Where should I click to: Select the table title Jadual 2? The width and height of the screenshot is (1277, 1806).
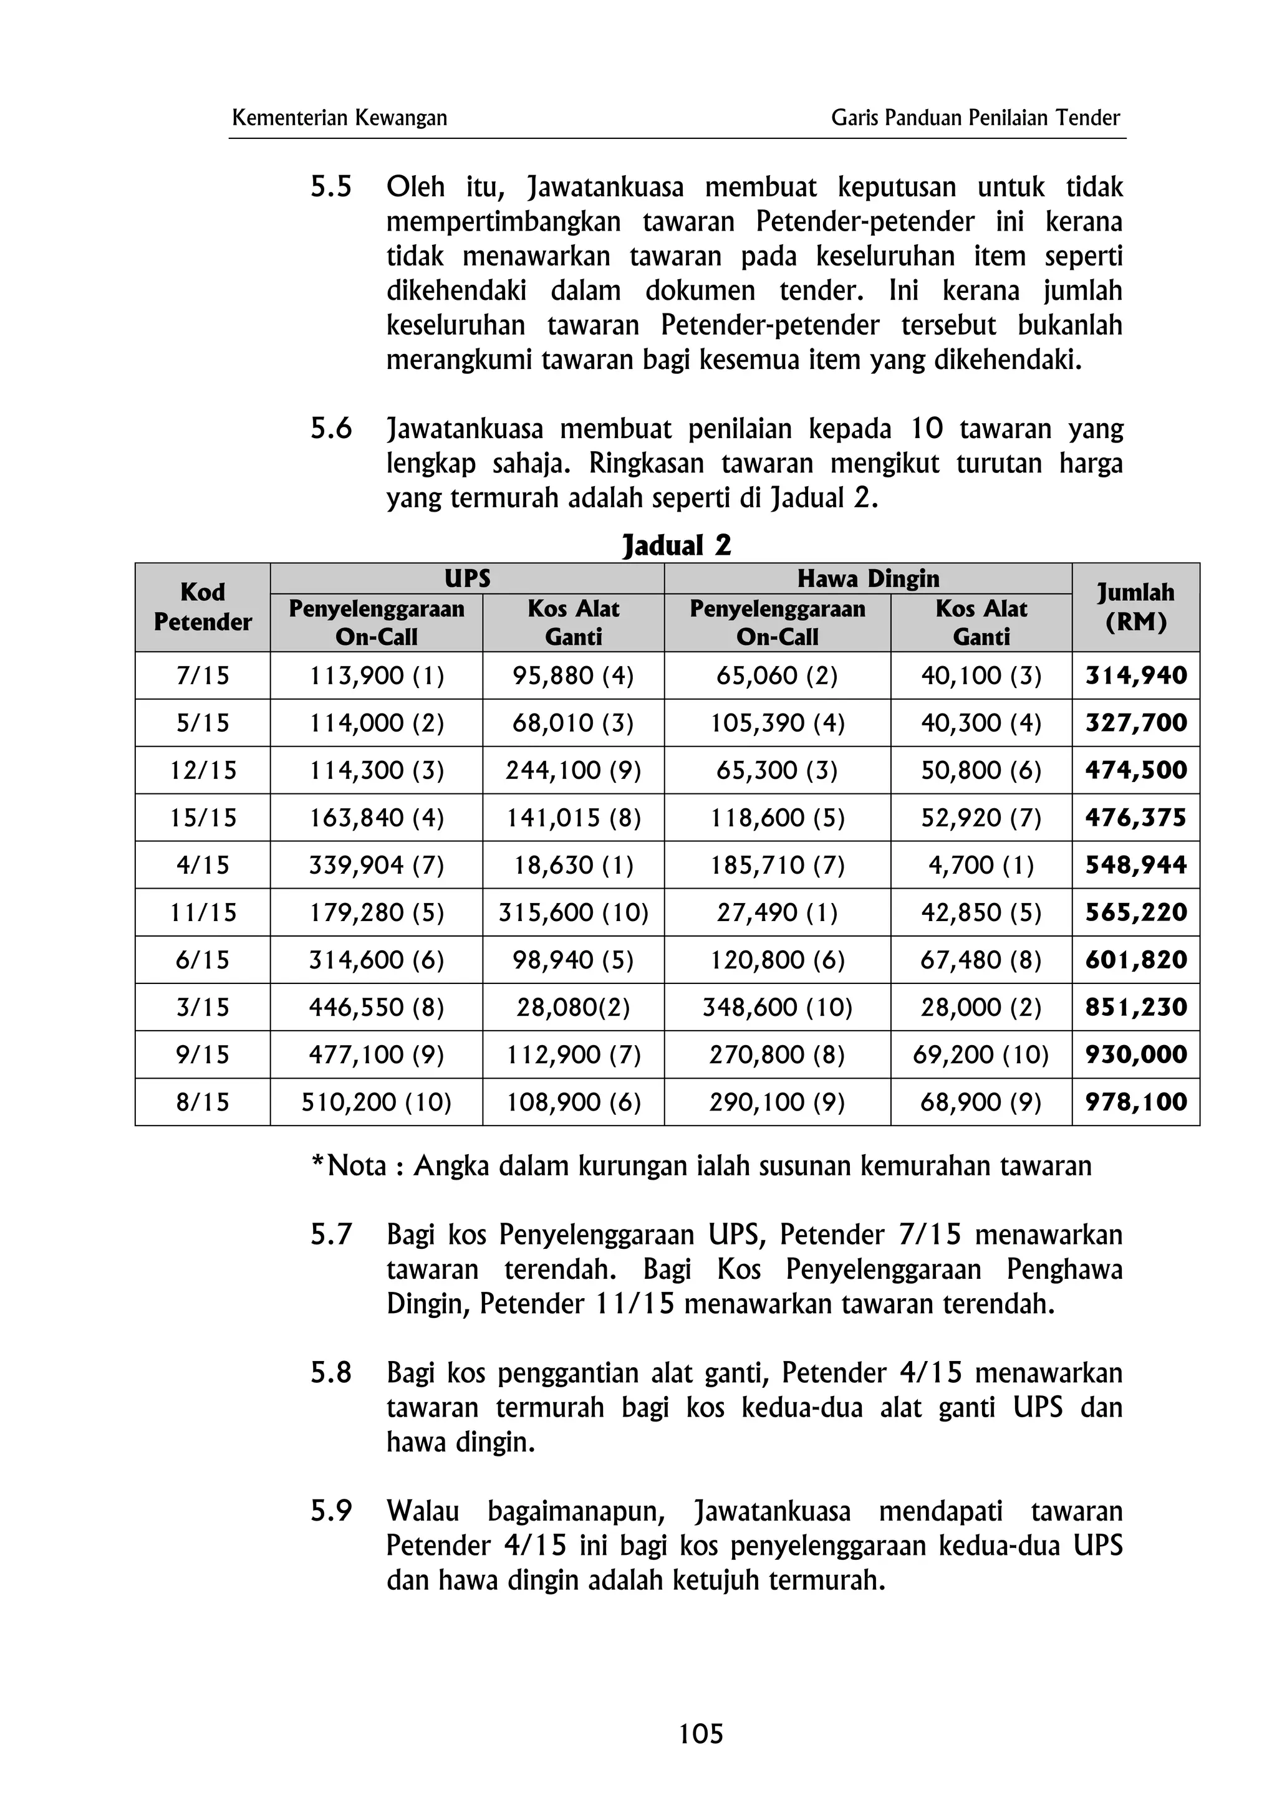pyautogui.click(x=677, y=545)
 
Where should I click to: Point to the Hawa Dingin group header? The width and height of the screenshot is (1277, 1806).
pyautogui.click(x=868, y=578)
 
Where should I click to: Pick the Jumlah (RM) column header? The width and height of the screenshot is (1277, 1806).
pyautogui.click(x=1135, y=607)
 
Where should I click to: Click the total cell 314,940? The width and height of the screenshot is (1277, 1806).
pyautogui.click(x=1135, y=676)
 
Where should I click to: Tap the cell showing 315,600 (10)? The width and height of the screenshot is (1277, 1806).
pyautogui.click(x=573, y=912)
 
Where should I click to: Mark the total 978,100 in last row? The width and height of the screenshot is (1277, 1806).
pyautogui.click(x=1135, y=1102)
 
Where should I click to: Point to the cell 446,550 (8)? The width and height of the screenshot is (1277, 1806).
pyautogui.click(x=376, y=1007)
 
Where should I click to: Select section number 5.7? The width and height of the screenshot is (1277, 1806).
pyautogui.click(x=330, y=1235)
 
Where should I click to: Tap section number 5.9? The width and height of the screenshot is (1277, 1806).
pyautogui.click(x=330, y=1512)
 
